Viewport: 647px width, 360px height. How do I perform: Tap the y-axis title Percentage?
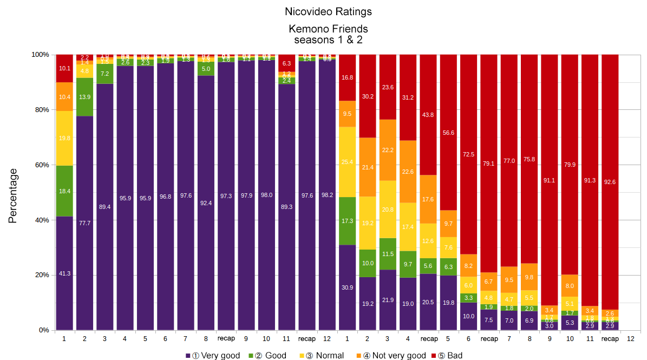tap(13, 196)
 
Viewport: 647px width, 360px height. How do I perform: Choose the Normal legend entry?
tap(325, 356)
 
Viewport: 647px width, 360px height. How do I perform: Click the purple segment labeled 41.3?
tap(64, 273)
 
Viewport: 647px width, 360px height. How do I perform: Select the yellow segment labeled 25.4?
tap(348, 162)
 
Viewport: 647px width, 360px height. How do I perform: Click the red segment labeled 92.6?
tap(610, 181)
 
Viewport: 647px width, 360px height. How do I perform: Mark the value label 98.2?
tap(327, 195)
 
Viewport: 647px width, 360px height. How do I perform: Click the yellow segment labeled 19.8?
tap(64, 138)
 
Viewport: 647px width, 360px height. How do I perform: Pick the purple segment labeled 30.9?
tap(348, 287)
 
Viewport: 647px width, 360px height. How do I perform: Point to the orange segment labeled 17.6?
tap(429, 199)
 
